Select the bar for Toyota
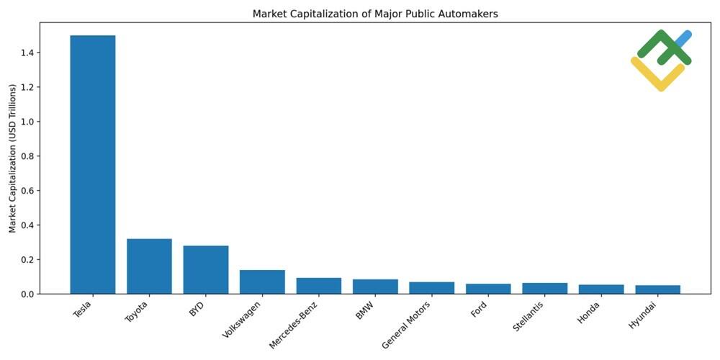tap(149, 266)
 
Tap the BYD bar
tap(206, 269)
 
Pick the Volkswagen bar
tap(262, 282)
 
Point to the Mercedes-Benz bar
tap(319, 286)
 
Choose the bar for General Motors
tap(432, 288)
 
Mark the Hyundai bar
tap(657, 289)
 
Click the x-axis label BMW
tap(366, 311)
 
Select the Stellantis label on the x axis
tap(529, 318)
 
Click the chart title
tap(374, 14)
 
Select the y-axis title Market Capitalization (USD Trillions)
tap(13, 158)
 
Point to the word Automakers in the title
tap(472, 14)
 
